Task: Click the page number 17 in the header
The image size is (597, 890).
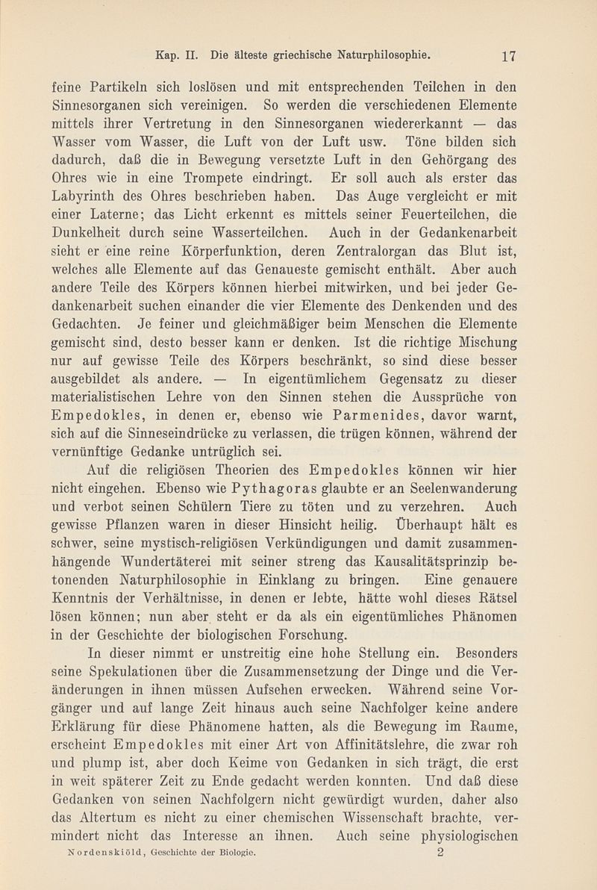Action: pyautogui.click(x=510, y=54)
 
